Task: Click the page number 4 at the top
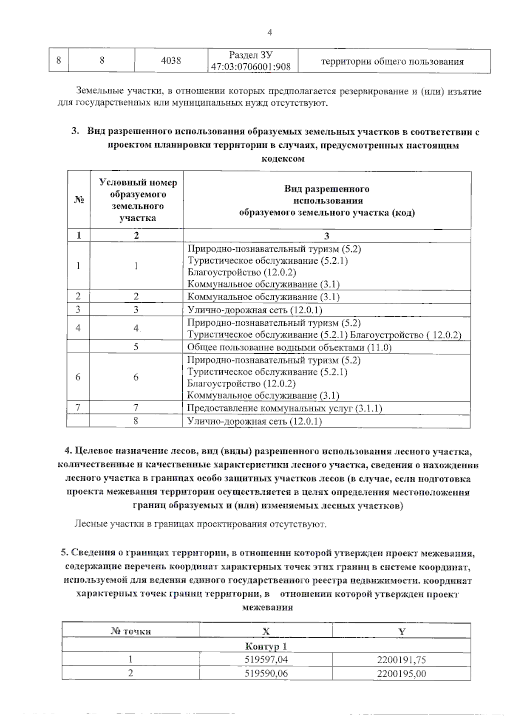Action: [269, 33]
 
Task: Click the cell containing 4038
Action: [171, 61]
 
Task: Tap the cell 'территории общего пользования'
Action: [392, 62]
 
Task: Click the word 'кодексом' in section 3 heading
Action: [283, 158]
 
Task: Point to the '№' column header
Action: [79, 200]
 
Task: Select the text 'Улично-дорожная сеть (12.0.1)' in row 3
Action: [255, 310]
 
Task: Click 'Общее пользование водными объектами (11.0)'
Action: [289, 347]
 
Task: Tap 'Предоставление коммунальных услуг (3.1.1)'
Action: [284, 408]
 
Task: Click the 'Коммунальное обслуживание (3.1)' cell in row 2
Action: [263, 297]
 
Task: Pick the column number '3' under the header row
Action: [326, 236]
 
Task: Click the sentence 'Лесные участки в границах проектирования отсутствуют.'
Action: [201, 524]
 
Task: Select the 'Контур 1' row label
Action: [266, 646]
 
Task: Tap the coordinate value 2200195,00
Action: [401, 673]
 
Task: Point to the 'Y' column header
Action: [401, 631]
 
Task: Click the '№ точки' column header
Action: [130, 631]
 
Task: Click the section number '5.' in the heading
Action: [65, 553]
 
